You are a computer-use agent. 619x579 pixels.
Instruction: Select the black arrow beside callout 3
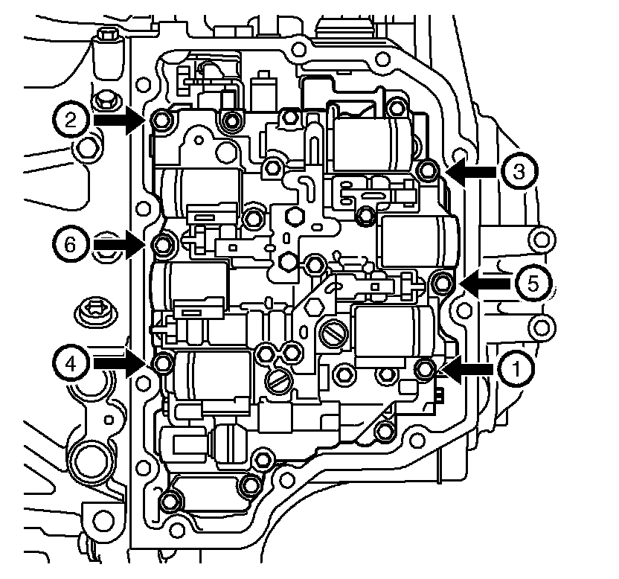coord(473,172)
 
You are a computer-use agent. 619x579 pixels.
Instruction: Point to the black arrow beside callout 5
coord(484,282)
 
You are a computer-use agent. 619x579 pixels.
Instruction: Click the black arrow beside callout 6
coord(117,243)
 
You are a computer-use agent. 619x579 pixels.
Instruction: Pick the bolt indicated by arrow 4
coord(163,364)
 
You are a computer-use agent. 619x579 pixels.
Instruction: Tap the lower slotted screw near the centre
coord(281,381)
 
